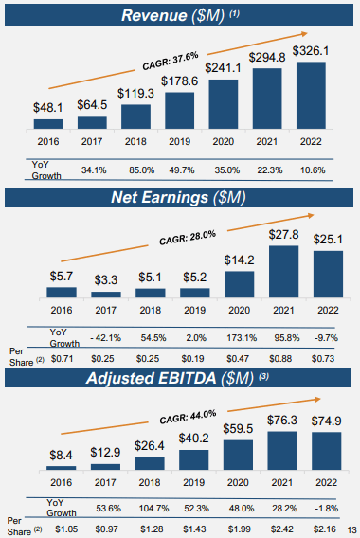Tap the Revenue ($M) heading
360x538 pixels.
click(x=179, y=15)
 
